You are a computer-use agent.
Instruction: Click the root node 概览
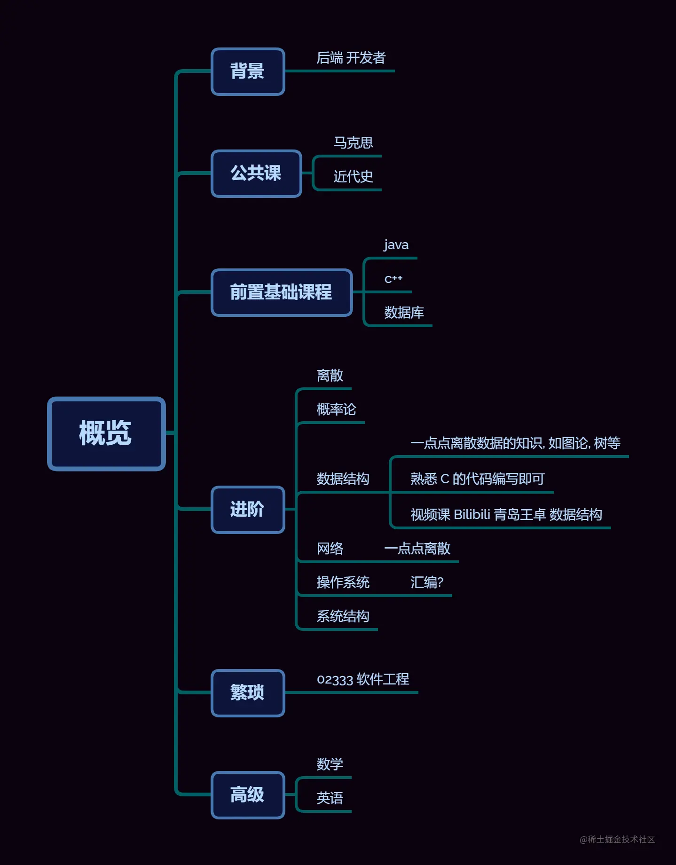tap(106, 433)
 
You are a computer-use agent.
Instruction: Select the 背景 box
tap(248, 71)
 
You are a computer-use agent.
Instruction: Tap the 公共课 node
tap(256, 173)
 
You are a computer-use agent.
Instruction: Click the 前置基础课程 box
tap(282, 292)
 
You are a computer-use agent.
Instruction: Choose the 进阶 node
tap(248, 510)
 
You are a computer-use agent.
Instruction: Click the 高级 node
tap(248, 795)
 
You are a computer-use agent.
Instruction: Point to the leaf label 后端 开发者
tap(351, 58)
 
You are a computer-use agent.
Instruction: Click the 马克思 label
tap(353, 142)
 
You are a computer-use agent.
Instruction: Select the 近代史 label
tap(353, 177)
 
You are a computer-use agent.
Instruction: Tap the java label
tap(396, 245)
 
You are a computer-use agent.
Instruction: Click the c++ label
tap(393, 279)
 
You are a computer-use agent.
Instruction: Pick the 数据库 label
tap(404, 313)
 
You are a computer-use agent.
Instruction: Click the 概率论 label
tap(336, 409)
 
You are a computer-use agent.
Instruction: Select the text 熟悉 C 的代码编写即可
tap(477, 479)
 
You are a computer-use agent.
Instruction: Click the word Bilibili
tap(472, 515)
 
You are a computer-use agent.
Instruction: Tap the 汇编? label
tap(427, 582)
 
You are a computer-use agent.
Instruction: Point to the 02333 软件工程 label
tap(363, 679)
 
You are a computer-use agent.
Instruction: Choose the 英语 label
tap(330, 798)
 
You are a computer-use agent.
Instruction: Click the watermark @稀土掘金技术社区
tap(617, 839)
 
